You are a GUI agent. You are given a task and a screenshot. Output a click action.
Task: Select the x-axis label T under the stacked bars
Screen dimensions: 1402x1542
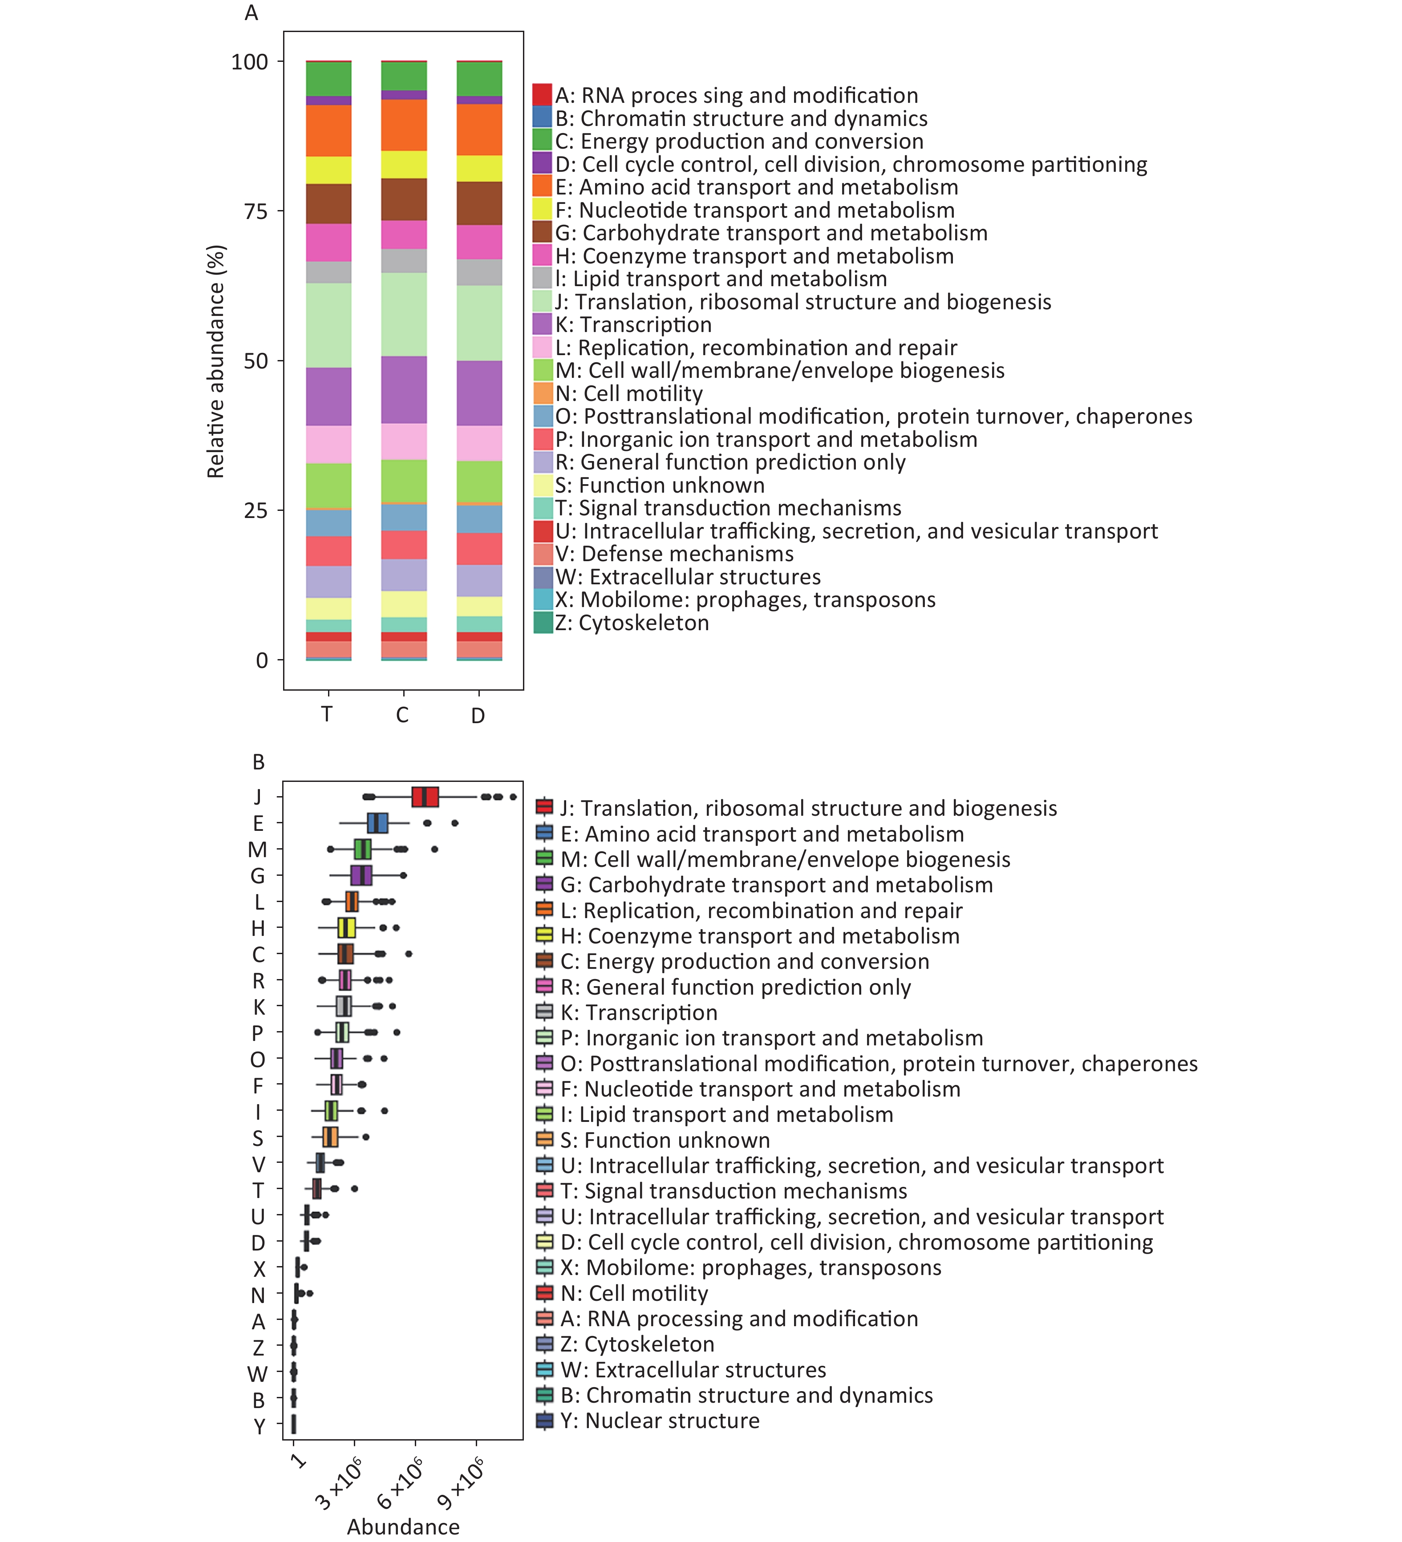tap(327, 714)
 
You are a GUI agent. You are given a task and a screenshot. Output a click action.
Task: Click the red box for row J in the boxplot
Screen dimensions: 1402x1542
tap(425, 796)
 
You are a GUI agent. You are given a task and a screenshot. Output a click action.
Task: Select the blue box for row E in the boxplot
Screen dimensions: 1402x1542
tap(377, 823)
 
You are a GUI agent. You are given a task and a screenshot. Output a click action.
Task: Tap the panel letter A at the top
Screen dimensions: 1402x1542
tap(251, 13)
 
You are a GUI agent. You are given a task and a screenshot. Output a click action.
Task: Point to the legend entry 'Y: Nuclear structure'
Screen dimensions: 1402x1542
tap(648, 1421)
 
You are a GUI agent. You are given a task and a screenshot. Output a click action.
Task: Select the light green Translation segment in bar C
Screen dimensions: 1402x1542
tap(404, 314)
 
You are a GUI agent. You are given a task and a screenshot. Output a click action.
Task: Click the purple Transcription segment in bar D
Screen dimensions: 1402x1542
tap(479, 393)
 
